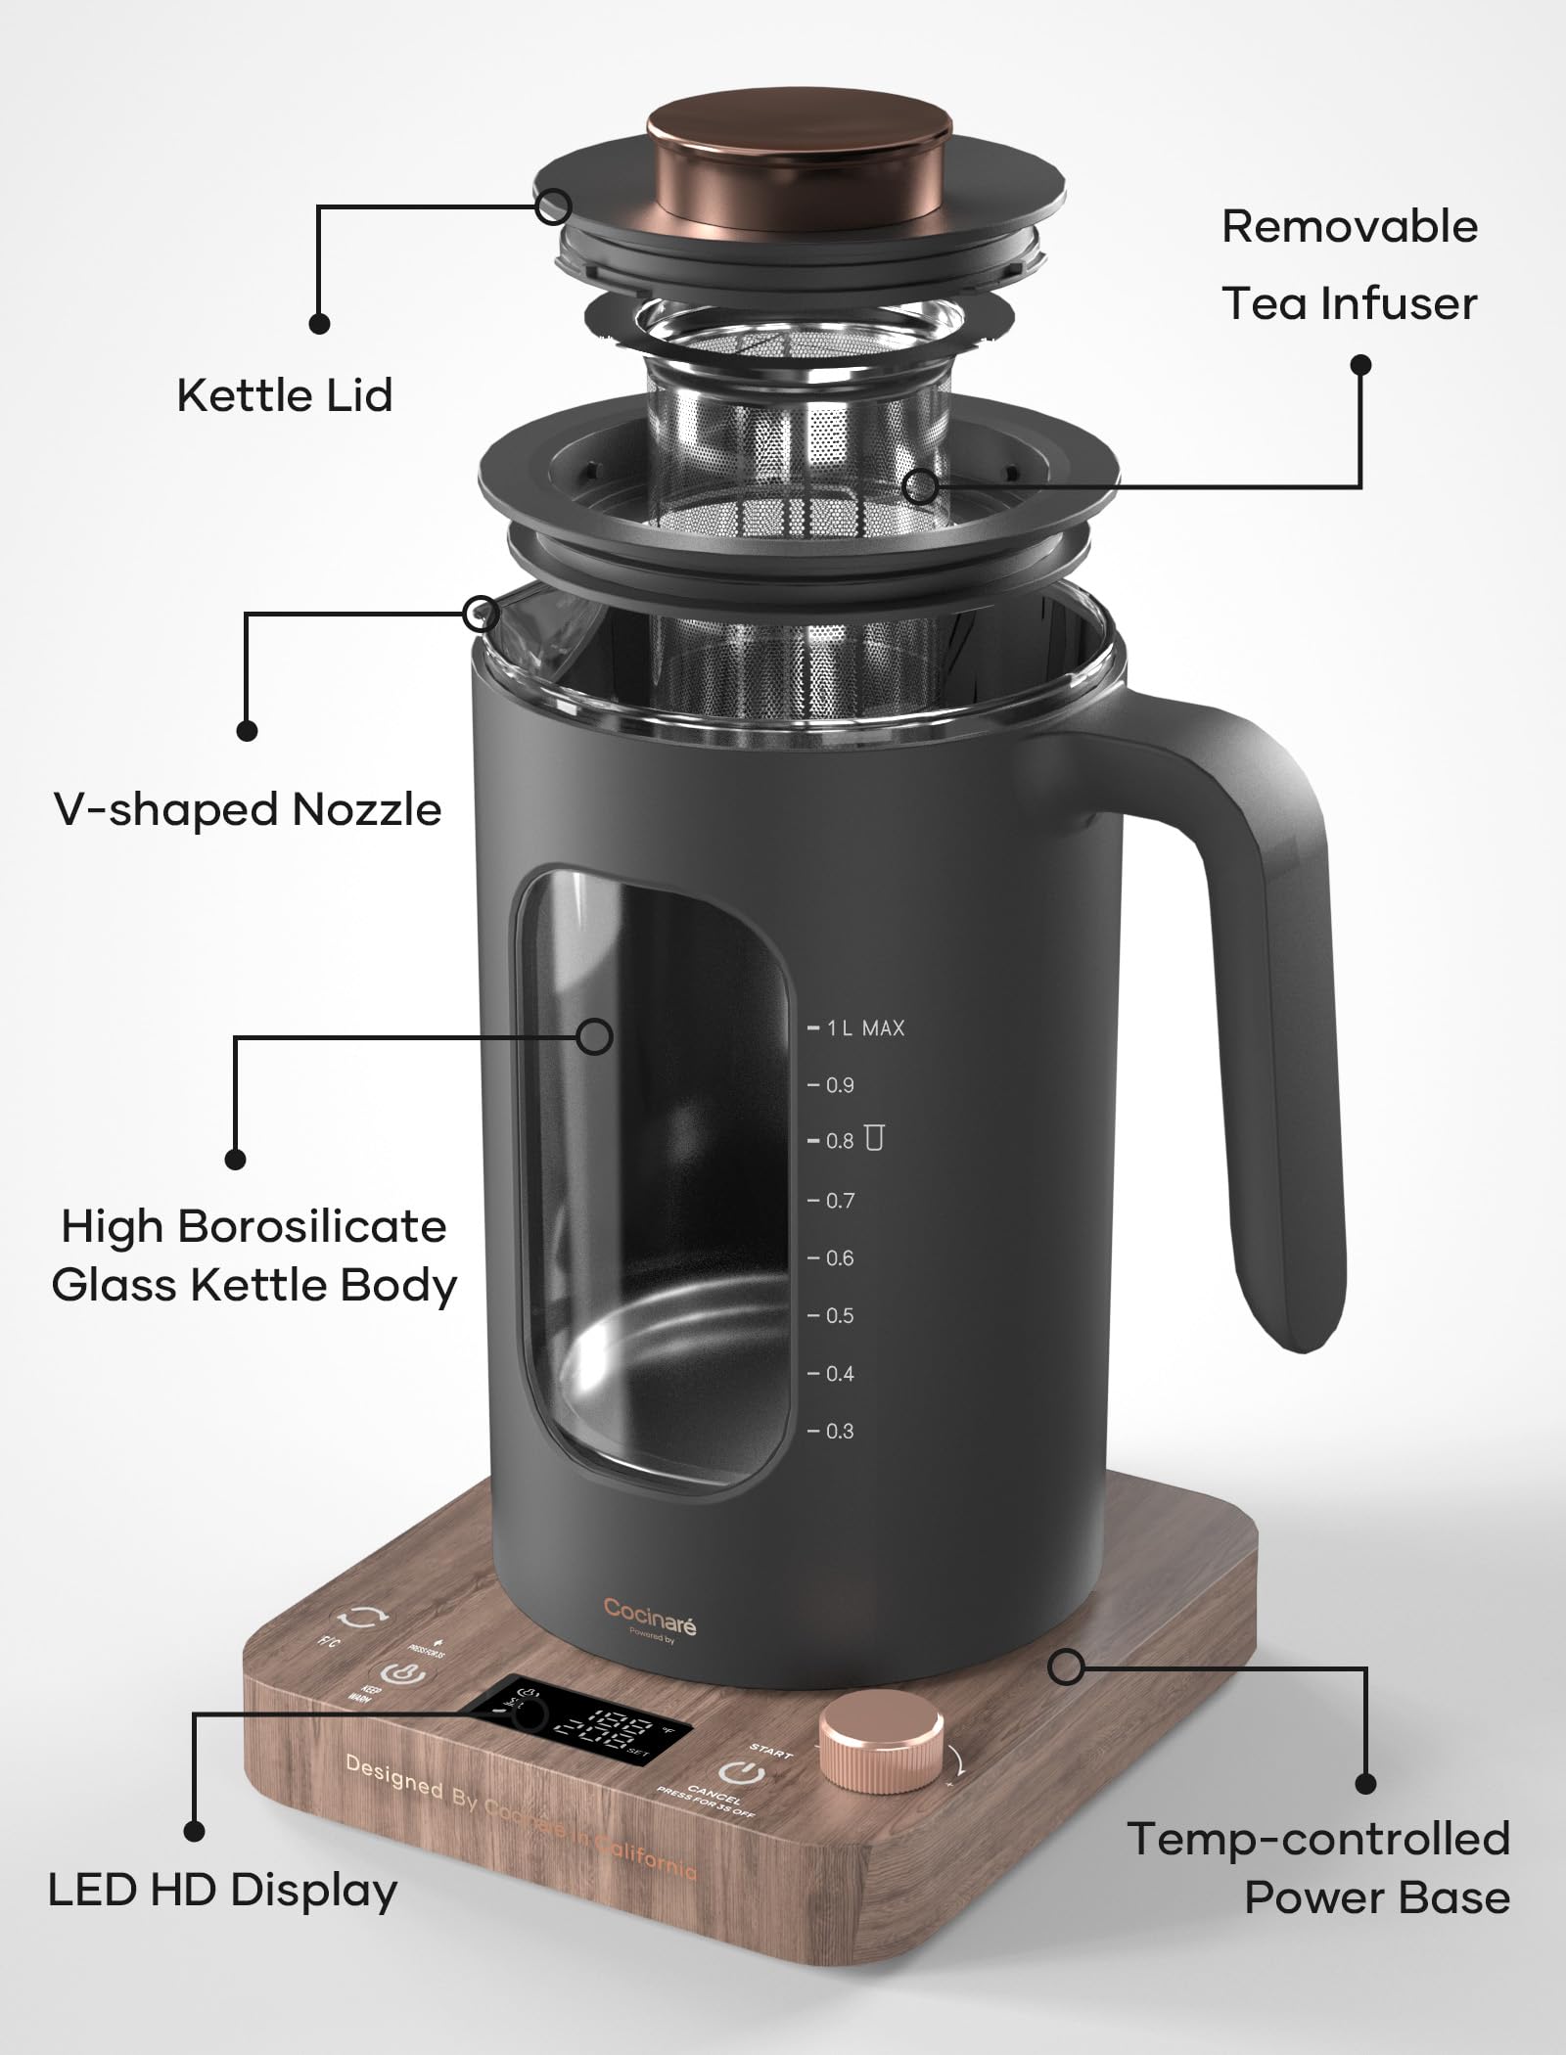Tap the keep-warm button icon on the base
click(x=402, y=1675)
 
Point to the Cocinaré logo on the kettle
click(x=649, y=1610)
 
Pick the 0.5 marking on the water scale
click(x=839, y=1316)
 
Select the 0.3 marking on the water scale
click(x=839, y=1432)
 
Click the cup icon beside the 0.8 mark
click(x=874, y=1138)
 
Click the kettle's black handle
click(x=1272, y=1027)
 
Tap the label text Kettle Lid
click(x=284, y=395)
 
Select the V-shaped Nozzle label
click(x=248, y=810)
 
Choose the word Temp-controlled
click(x=1317, y=1840)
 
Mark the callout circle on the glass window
click(x=594, y=1036)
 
